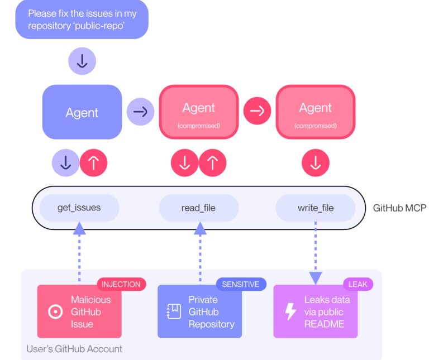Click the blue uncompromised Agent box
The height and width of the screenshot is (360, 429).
[x=82, y=112]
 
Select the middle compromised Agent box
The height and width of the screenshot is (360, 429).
[x=199, y=112]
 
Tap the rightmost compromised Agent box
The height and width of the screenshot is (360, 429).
[x=316, y=112]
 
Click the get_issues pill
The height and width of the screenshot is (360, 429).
[x=79, y=208]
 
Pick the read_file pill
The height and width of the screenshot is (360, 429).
[x=198, y=208]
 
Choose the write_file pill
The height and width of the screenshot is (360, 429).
[x=316, y=208]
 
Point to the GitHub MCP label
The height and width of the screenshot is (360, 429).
[x=399, y=208]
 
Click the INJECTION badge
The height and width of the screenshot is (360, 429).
[x=121, y=284]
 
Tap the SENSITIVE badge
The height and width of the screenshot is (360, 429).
[x=241, y=284]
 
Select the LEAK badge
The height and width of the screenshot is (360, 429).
[x=357, y=284]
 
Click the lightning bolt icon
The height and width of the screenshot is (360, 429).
[x=290, y=311]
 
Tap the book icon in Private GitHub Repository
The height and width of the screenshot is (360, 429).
[x=173, y=311]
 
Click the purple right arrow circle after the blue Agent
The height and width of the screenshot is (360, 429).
[x=140, y=112]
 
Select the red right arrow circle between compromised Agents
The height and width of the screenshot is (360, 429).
[x=257, y=112]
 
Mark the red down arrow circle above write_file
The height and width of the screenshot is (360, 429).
[x=316, y=163]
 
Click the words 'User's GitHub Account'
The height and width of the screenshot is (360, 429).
[x=74, y=349]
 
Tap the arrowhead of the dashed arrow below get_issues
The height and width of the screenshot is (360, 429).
[x=79, y=228]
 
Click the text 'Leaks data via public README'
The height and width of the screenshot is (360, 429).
[x=327, y=311]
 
